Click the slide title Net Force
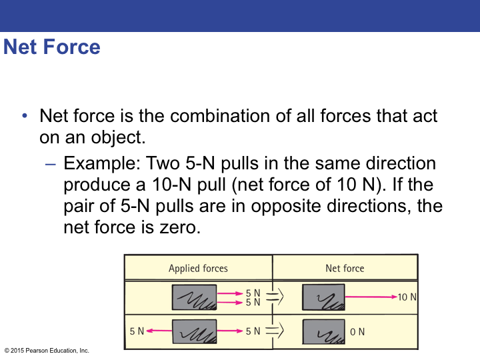[x=52, y=47]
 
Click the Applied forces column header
[x=198, y=268]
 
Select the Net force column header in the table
[x=345, y=268]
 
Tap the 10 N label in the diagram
[x=407, y=297]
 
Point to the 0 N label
[x=357, y=331]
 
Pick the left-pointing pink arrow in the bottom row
[x=159, y=331]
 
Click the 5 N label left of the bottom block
[x=137, y=331]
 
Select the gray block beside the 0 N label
[x=323, y=331]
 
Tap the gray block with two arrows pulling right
[x=194, y=297]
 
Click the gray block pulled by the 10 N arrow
[x=323, y=297]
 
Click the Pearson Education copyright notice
[x=47, y=351]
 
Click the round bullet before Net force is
[x=25, y=116]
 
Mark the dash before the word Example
[x=51, y=163]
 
